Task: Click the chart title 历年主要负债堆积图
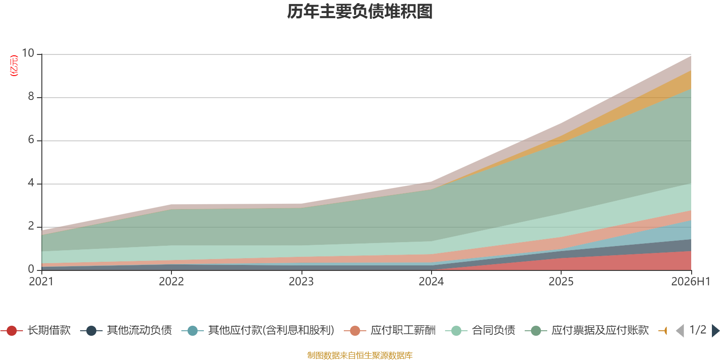click(x=360, y=12)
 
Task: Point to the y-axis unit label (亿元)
click(x=14, y=66)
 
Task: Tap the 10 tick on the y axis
click(x=28, y=53)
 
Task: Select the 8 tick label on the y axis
click(x=31, y=96)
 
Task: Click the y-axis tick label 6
click(x=31, y=139)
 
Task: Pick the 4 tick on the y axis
click(x=31, y=183)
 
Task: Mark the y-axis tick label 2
click(x=31, y=226)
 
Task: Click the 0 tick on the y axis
click(x=31, y=269)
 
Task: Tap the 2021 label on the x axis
click(x=41, y=282)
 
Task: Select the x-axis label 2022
click(x=171, y=282)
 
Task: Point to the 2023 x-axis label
click(x=301, y=282)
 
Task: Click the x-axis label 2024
click(x=431, y=282)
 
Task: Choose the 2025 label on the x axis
click(x=561, y=282)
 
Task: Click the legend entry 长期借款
click(x=36, y=330)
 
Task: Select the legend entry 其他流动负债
click(x=126, y=330)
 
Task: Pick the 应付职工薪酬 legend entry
click(x=390, y=330)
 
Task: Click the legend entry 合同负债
click(x=480, y=330)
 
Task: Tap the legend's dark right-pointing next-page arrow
click(x=715, y=330)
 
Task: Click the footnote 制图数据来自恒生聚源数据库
click(x=360, y=355)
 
